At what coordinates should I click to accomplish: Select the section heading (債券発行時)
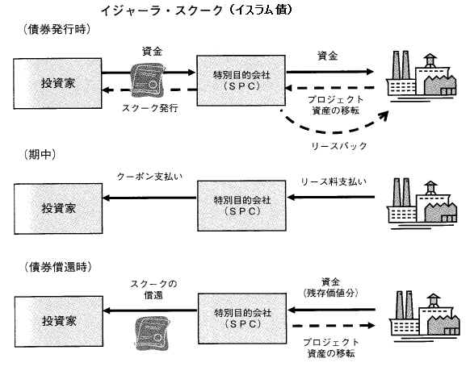pos(57,29)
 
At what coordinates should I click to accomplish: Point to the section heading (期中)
pos(40,154)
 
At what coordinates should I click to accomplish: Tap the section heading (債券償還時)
pos(57,267)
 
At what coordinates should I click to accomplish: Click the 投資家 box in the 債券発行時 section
pos(57,83)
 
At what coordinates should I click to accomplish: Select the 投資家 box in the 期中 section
pos(58,208)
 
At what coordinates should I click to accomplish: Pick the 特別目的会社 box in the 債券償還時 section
pos(242,318)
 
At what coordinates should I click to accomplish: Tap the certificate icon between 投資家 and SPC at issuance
pos(148,81)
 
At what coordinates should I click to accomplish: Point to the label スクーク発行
pos(150,108)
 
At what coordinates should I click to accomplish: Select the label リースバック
pos(339,146)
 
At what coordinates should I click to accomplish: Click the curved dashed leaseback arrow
pos(334,131)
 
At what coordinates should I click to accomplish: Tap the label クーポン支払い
pos(149,177)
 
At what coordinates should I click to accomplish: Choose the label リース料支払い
pos(334,181)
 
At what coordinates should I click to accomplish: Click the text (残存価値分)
pos(330,293)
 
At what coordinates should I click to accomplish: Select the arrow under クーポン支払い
pos(149,198)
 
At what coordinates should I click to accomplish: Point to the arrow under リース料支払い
pos(330,197)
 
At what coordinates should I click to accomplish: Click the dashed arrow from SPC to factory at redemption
pos(334,326)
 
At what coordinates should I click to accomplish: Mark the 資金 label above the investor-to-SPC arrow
pos(152,51)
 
